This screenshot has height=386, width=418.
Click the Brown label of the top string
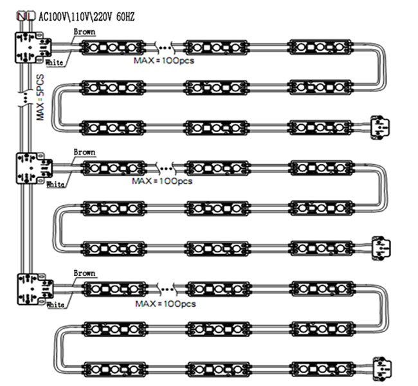pos(84,32)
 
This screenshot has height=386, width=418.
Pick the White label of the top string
pos(55,63)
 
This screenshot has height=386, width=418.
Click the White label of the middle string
pos(56,184)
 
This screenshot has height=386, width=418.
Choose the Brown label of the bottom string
pos(84,273)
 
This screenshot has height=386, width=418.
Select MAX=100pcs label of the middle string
pos(162,181)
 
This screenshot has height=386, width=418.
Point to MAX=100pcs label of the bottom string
pos(165,303)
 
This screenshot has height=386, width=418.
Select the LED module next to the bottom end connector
pos(321,369)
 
